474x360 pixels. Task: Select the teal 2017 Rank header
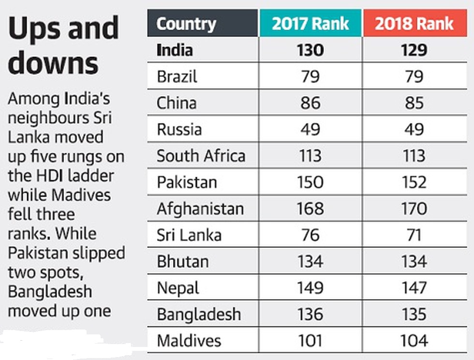point(311,24)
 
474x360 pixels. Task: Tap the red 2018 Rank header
point(414,24)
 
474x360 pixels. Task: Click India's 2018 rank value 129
point(414,50)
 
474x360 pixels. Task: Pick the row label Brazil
point(177,77)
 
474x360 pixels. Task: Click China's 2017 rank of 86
point(310,103)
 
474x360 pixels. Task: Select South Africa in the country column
point(201,156)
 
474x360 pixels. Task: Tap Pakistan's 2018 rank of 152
point(414,182)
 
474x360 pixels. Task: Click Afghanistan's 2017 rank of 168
point(310,209)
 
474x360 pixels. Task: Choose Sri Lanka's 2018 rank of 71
point(414,235)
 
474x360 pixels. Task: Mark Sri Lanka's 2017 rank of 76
point(310,235)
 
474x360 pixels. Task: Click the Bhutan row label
point(182,261)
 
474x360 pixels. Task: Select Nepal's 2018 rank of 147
point(414,288)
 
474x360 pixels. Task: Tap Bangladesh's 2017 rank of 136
point(310,314)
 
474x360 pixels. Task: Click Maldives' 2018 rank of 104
point(414,340)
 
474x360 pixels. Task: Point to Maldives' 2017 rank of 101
point(310,340)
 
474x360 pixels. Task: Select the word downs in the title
point(53,63)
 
